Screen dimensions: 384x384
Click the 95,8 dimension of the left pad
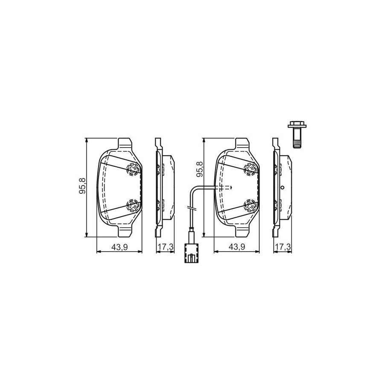point(82,186)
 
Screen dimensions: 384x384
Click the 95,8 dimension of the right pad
point(200,169)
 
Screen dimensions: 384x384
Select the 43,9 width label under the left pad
point(119,247)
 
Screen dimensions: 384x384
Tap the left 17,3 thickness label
point(165,247)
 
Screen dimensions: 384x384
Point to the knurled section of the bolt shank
point(297,143)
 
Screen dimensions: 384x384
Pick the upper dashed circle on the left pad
point(133,169)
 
